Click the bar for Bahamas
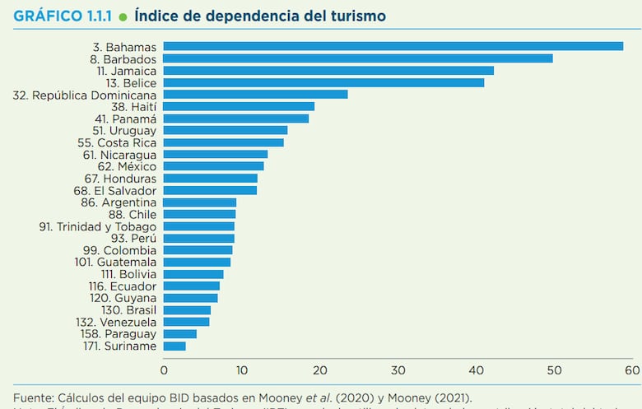click(x=393, y=46)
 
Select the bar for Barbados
click(x=358, y=58)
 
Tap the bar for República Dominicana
click(x=256, y=95)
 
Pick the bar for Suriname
click(x=174, y=346)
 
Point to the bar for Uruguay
click(x=226, y=130)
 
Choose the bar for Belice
click(x=324, y=82)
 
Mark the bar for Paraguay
click(x=180, y=334)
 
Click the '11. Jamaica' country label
click(x=123, y=71)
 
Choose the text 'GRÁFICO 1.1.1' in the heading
click(x=63, y=16)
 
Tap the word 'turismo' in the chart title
click(x=356, y=16)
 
